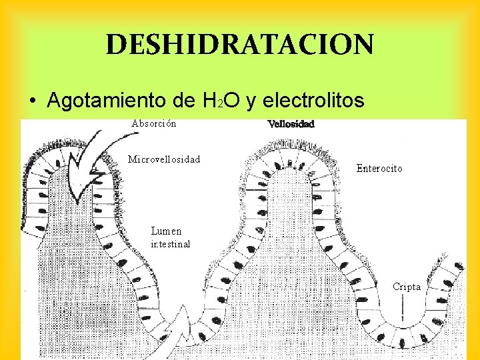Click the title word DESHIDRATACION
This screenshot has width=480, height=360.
tap(240, 45)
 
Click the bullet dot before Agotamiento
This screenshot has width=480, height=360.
tap(33, 102)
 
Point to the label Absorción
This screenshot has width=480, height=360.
tap(154, 123)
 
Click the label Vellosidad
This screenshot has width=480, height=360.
tap(291, 124)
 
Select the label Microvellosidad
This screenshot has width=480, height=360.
tap(164, 159)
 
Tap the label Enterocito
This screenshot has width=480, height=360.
tap(379, 169)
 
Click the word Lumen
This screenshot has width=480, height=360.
tap(166, 231)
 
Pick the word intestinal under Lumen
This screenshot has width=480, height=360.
tap(171, 244)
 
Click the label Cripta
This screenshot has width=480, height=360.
tap(407, 287)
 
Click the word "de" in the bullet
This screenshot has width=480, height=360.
tap(177, 101)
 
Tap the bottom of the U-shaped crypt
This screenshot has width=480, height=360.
tap(403, 337)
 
